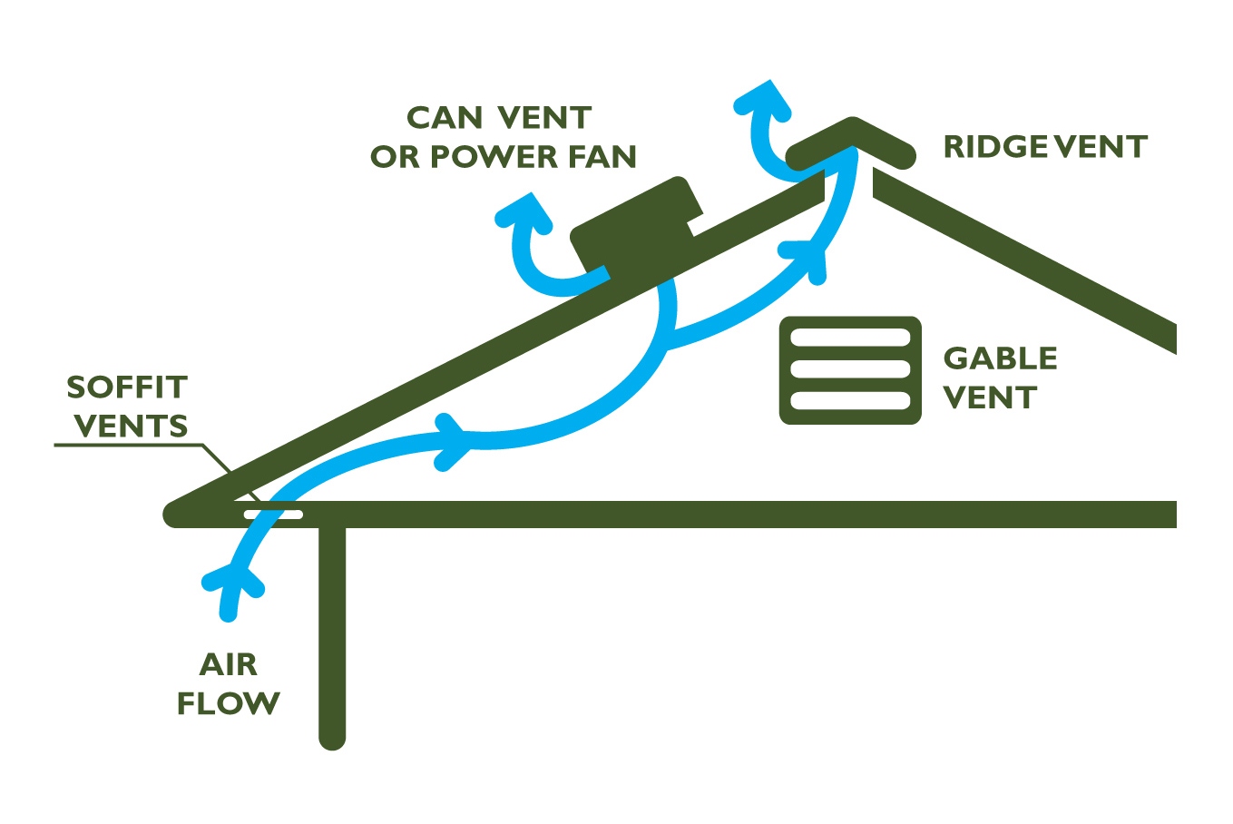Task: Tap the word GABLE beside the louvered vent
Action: (x=1000, y=358)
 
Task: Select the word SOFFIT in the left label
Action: (x=127, y=387)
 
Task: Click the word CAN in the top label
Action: (x=444, y=118)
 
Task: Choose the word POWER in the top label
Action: (x=494, y=157)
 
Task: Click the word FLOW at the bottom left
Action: (x=228, y=703)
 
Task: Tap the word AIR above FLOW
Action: (x=228, y=664)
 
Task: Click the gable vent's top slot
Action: (x=850, y=338)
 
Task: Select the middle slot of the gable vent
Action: (x=850, y=369)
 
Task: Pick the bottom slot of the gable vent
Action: (x=850, y=400)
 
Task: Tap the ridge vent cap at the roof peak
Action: (x=852, y=141)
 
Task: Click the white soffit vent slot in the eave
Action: (x=273, y=515)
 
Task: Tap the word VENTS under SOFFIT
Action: (x=131, y=426)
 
